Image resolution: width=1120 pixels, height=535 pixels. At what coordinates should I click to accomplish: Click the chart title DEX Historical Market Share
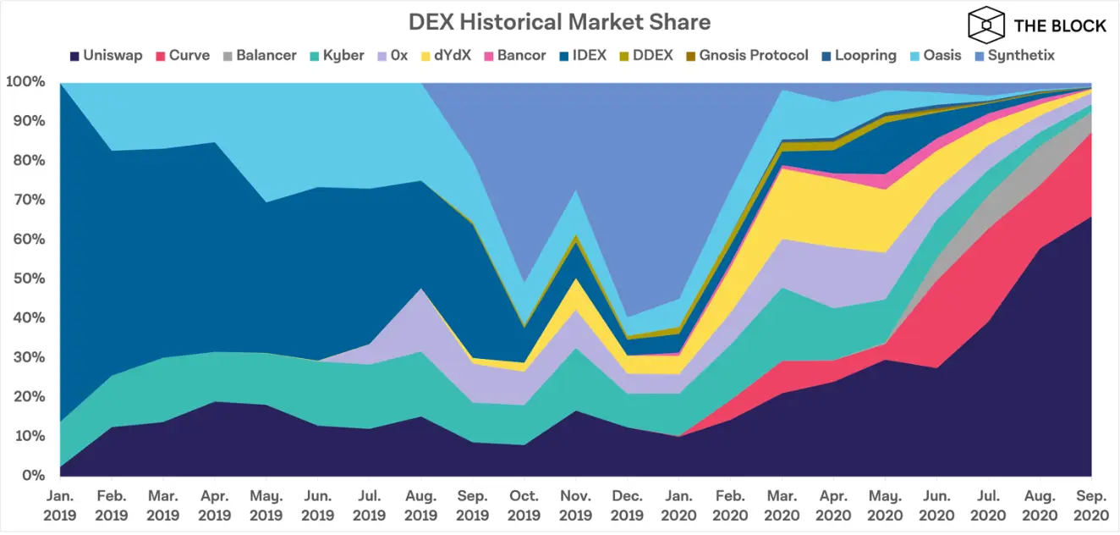click(559, 21)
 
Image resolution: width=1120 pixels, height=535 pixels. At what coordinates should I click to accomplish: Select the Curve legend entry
click(184, 56)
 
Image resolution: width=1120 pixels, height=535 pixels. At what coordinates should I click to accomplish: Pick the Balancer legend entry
click(260, 56)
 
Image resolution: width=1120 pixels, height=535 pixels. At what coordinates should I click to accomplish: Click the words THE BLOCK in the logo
click(1060, 25)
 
